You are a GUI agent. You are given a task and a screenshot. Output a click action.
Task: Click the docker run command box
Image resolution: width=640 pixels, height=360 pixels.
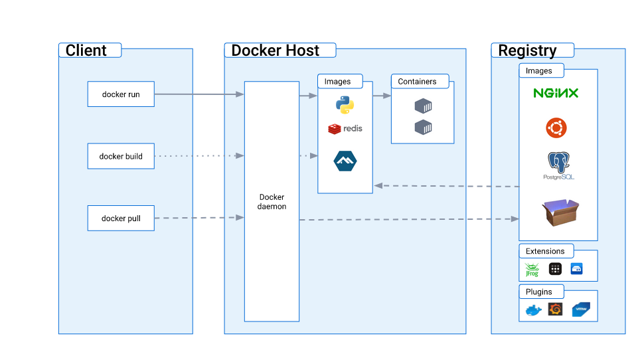point(121,94)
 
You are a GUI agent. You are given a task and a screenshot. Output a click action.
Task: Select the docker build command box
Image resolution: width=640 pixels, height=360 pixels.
point(121,156)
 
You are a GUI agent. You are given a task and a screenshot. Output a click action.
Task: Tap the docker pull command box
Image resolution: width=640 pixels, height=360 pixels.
point(121,219)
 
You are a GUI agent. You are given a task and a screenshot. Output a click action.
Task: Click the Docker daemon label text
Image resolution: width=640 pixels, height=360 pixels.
point(272,202)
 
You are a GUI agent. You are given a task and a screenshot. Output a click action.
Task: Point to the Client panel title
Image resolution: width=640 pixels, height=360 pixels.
point(86,50)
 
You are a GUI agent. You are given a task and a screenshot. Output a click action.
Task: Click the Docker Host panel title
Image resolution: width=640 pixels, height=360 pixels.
point(275,50)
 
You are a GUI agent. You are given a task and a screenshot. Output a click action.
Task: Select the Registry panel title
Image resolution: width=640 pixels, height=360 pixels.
point(527,50)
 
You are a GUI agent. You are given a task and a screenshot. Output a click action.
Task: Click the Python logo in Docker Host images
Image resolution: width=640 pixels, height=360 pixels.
point(344,105)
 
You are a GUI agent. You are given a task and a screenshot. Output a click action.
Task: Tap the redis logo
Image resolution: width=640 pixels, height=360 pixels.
point(345,128)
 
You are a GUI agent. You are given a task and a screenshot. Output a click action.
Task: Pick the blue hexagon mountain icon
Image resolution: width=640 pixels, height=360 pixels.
point(345,161)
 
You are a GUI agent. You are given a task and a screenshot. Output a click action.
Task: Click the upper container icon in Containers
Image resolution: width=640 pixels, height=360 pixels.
point(423,106)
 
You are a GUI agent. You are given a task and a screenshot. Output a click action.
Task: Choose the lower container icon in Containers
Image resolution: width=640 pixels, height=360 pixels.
point(423,128)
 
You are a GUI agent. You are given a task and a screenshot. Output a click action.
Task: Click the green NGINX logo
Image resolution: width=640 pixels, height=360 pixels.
point(556,93)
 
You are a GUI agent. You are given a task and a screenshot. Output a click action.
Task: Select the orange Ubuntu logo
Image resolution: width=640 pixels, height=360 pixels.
point(556,128)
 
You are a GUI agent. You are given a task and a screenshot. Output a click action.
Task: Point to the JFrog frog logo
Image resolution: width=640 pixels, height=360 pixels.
point(531,269)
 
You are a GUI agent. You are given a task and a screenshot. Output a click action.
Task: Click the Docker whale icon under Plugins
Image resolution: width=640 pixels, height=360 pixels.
point(533,310)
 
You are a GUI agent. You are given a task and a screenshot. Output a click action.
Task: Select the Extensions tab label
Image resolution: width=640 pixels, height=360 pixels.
point(545,251)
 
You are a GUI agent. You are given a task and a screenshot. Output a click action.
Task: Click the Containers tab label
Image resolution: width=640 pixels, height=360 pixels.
point(417,82)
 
